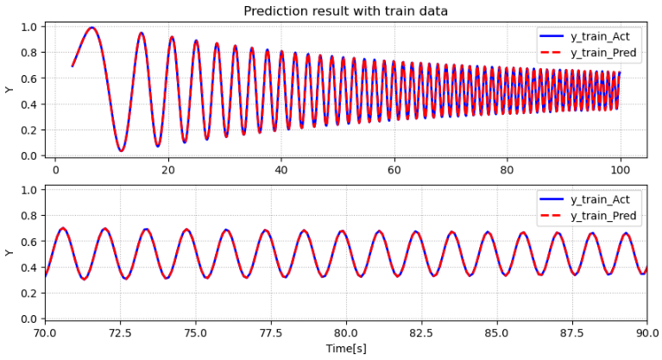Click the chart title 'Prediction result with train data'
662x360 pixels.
click(345, 10)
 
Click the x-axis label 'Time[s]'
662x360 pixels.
click(345, 349)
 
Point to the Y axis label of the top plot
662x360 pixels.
click(9, 90)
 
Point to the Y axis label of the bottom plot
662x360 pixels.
click(9, 253)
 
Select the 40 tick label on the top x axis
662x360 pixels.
click(281, 171)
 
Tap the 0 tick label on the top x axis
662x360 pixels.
click(55, 171)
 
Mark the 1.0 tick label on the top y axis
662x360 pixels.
click(29, 27)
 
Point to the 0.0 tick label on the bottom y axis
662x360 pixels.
click(29, 319)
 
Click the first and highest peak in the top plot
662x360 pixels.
click(91, 28)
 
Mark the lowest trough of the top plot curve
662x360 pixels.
click(121, 151)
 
